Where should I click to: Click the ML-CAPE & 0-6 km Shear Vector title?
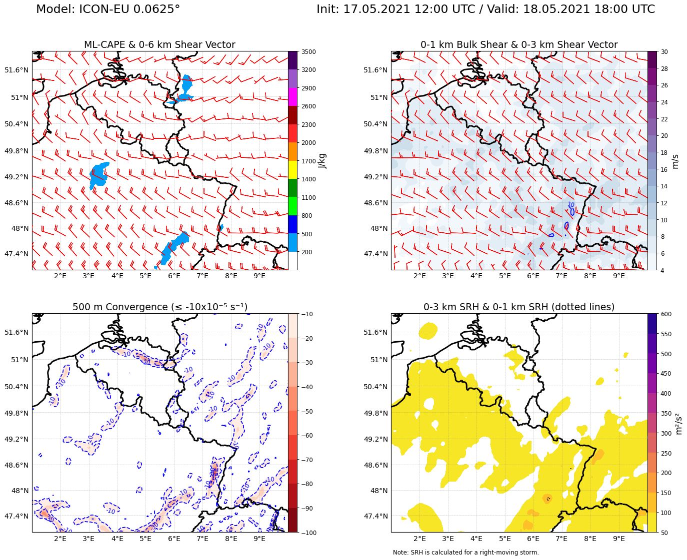click(159, 45)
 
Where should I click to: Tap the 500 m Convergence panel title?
click(159, 307)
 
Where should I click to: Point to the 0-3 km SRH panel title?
click(518, 307)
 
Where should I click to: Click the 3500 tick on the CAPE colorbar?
click(308, 52)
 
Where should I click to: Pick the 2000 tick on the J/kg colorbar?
click(308, 143)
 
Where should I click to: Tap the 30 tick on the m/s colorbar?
click(664, 52)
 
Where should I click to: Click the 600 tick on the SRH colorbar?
click(666, 314)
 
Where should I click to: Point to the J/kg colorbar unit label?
click(322, 161)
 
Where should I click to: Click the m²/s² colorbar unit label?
click(678, 423)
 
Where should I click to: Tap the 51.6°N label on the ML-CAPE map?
click(16, 70)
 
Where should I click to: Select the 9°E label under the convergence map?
click(259, 539)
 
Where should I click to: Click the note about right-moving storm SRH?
click(465, 553)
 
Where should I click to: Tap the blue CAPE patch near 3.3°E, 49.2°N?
click(98, 174)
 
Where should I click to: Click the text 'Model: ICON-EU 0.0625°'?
click(108, 9)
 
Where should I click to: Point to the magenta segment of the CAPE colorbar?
click(293, 97)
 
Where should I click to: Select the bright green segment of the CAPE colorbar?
click(293, 206)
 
